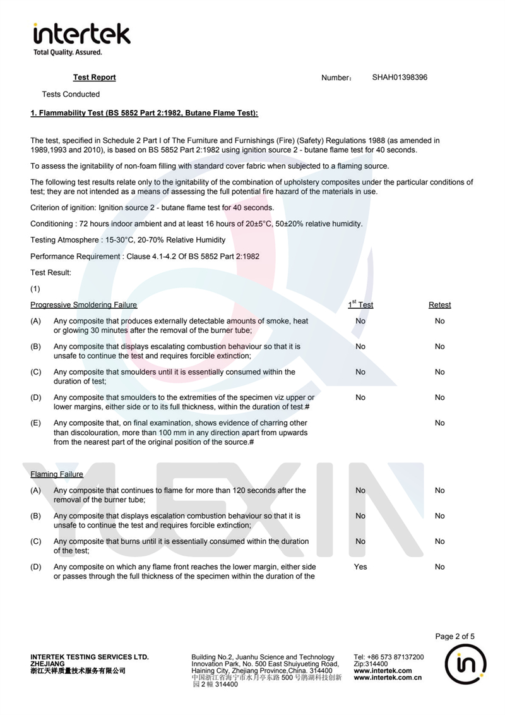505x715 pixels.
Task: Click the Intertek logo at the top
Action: pos(81,34)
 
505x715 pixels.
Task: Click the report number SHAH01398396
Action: pos(400,77)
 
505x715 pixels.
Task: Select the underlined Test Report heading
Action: pos(95,77)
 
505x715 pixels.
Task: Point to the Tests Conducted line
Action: pos(71,94)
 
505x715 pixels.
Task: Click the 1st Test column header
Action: pos(360,304)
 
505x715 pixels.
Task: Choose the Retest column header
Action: pos(439,304)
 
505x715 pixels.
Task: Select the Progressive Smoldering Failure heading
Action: pos(83,304)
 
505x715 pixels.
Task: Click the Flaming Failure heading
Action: pos(57,474)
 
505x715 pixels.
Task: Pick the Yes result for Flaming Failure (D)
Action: pos(360,567)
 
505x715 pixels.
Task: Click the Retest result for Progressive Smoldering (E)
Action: pos(439,423)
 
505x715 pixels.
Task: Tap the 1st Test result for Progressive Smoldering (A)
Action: pos(360,321)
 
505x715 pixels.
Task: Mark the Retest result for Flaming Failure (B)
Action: pos(439,515)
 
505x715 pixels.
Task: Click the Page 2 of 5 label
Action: pos(454,636)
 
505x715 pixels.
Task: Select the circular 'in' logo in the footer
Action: pos(465,667)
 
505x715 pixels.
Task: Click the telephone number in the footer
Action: pos(389,657)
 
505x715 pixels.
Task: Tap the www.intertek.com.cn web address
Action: pos(388,678)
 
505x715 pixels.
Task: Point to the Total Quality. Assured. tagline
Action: pos(68,52)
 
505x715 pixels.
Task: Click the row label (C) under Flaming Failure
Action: pos(36,541)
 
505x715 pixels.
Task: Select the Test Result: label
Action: pos(51,272)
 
